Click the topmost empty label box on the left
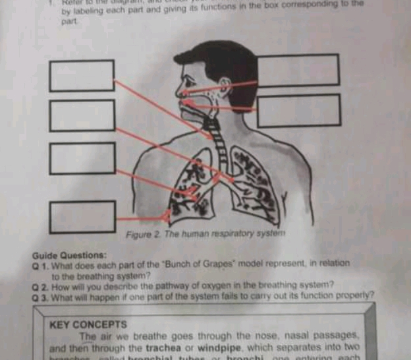point(82,75)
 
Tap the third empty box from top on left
point(82,158)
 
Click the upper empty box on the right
point(298,70)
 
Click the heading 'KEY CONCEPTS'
point(88,324)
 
